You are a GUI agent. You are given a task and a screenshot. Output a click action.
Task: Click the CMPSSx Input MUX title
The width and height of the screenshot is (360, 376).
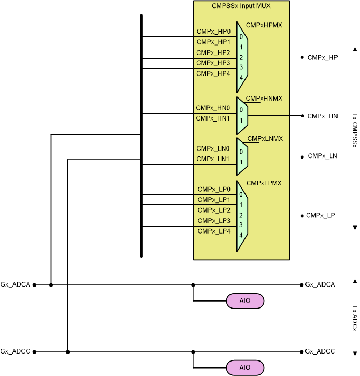tap(241, 7)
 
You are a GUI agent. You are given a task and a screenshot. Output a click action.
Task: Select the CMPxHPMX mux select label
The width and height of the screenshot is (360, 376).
tap(264, 25)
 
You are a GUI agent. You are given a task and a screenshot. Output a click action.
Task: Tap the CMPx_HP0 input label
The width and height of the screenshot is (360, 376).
tap(213, 32)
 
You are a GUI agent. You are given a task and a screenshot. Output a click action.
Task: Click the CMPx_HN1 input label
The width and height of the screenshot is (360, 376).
tap(213, 118)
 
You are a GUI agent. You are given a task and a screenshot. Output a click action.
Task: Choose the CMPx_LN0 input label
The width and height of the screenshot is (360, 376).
tap(213, 149)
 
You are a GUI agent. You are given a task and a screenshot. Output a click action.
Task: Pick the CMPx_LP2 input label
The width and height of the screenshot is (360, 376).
tap(214, 210)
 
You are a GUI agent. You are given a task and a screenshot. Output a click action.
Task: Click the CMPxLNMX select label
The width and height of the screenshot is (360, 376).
tap(265, 139)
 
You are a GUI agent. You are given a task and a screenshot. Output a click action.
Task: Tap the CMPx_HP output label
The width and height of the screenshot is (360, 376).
tap(323, 57)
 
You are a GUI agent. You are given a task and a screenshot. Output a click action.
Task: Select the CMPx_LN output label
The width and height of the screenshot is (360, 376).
tap(323, 156)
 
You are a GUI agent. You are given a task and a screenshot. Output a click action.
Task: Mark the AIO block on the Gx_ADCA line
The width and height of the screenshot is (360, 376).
tap(246, 301)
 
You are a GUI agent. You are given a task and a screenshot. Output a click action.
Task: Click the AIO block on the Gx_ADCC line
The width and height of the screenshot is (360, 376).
tap(246, 368)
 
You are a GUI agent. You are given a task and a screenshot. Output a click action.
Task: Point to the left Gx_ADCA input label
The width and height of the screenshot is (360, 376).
tap(15, 285)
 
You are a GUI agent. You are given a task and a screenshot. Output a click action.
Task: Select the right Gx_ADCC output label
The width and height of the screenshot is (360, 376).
tap(320, 352)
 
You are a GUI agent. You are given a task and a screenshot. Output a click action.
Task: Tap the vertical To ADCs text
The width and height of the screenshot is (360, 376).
tap(355, 318)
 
